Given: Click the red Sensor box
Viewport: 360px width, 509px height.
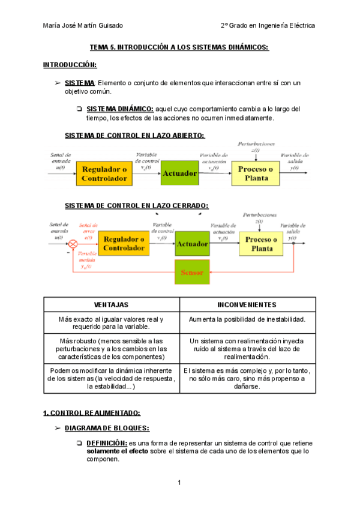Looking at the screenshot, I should (192, 273).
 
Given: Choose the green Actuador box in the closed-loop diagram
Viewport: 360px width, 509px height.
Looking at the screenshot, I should (192, 244).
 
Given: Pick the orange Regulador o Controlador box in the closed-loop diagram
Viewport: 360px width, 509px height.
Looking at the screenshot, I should (124, 244).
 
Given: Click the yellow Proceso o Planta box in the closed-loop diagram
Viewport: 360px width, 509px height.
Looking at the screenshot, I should (262, 244).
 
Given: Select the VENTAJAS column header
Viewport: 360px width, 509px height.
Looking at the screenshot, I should (112, 305).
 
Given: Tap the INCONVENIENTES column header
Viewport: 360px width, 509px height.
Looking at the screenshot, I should (247, 305).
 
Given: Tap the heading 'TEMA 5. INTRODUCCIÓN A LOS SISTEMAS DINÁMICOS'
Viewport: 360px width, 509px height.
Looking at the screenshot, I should (179, 47).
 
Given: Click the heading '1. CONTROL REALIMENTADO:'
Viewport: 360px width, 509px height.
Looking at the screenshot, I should (92, 413).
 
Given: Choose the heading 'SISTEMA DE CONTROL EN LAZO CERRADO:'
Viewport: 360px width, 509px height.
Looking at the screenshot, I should (136, 205).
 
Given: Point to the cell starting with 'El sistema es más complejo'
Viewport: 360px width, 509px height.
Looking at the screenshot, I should (247, 379).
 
